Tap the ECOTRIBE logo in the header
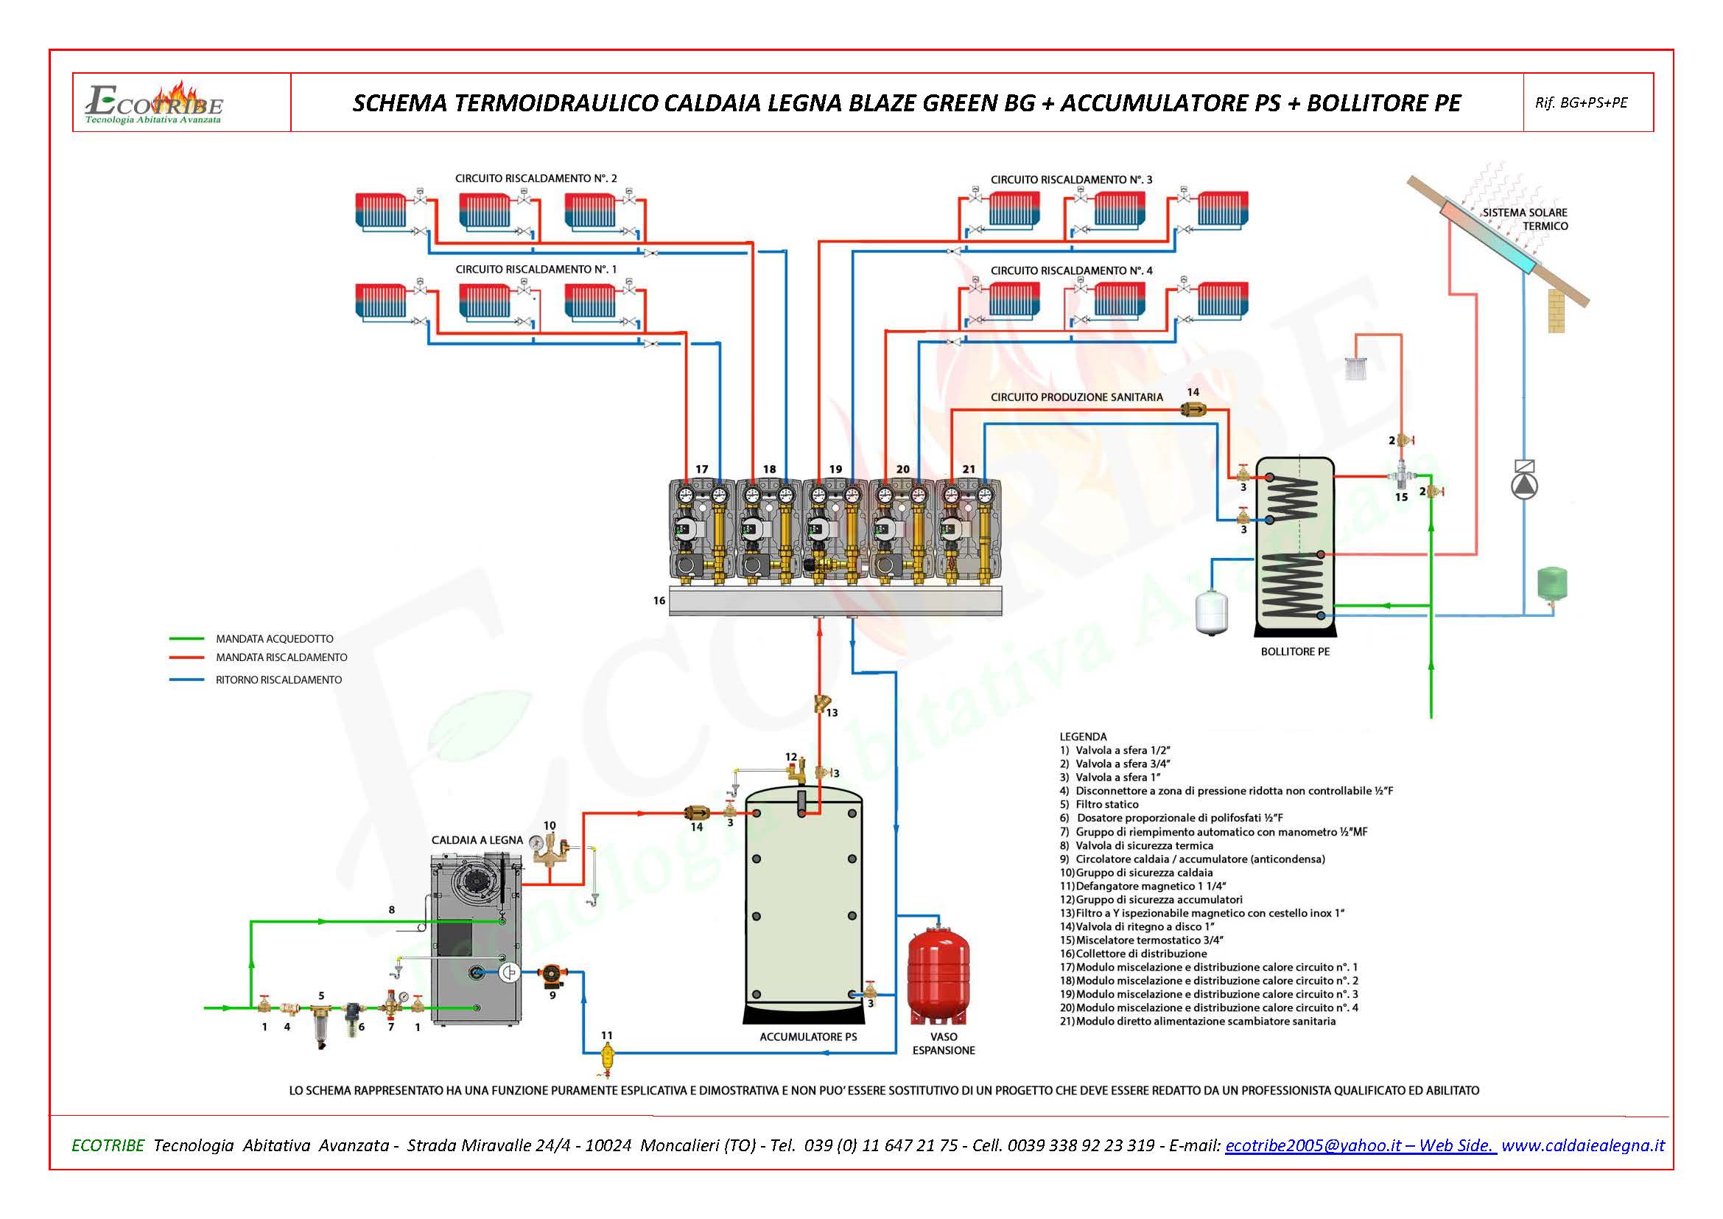pos(155,103)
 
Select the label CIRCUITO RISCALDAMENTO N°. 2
pos(536,178)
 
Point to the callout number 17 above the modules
pos(702,469)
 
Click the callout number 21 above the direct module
pos(969,469)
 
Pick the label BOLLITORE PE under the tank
pos(1294,652)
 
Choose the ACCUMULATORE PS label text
pos(807,1037)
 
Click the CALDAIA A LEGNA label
pos(477,840)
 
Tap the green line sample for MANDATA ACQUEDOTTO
pos(188,639)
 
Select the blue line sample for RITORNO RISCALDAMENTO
pos(188,680)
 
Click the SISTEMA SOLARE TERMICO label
pos(1524,219)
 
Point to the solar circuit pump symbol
pos(1524,486)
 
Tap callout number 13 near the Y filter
pos(832,713)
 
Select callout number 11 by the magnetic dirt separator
pos(606,1035)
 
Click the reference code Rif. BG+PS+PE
pos(1581,103)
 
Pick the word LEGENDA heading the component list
pos(1083,736)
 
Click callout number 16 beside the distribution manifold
pos(659,601)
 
